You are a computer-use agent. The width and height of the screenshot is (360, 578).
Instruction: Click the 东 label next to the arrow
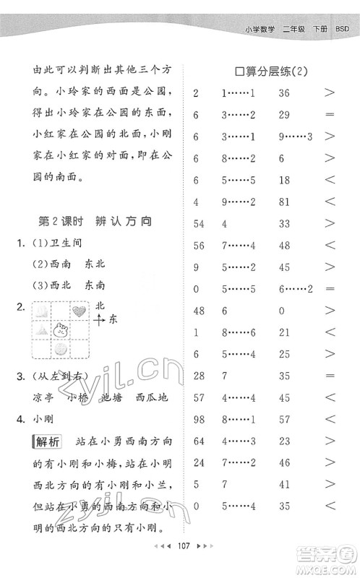pos(113,321)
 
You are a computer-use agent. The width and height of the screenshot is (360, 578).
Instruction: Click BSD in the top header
pos(343,28)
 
